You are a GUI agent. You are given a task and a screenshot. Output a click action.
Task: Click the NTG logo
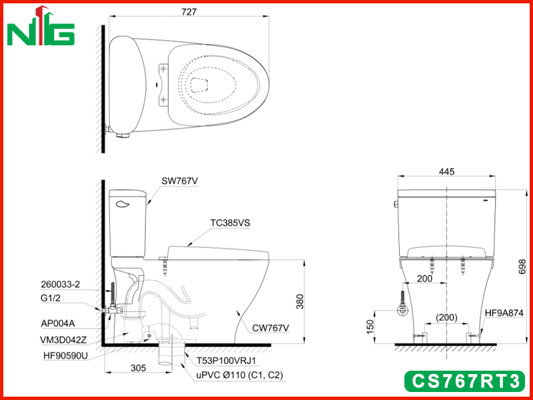click(x=41, y=26)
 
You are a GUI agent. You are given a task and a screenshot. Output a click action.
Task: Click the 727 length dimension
click(x=189, y=11)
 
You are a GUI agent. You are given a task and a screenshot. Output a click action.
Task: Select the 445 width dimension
click(x=446, y=171)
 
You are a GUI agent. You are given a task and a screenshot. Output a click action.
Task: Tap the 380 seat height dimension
click(x=300, y=301)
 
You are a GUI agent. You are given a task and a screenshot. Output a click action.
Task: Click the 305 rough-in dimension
click(x=138, y=368)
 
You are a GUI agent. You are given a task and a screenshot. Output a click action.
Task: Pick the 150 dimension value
click(x=370, y=327)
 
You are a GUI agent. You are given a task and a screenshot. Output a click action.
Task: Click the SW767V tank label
click(x=180, y=181)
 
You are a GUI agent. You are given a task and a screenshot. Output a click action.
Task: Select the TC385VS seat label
click(x=230, y=223)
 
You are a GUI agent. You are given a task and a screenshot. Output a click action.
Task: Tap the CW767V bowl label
click(x=270, y=328)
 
